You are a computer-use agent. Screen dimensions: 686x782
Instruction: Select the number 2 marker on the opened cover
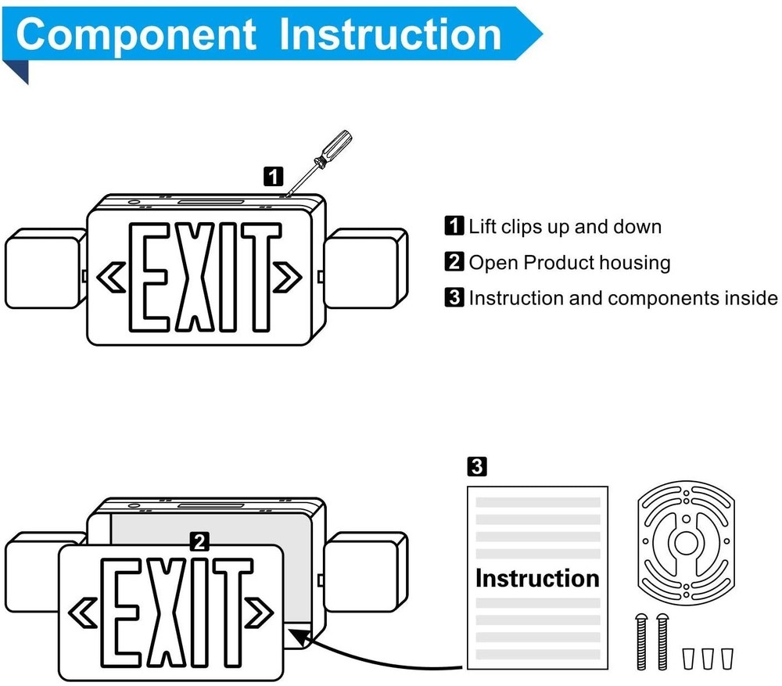coord(200,541)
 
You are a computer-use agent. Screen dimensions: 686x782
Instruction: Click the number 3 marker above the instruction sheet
coord(476,468)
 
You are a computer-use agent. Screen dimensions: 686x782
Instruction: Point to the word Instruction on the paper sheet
coord(537,578)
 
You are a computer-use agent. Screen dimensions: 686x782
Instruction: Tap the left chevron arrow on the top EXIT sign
coord(110,276)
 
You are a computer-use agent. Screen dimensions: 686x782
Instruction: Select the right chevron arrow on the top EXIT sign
coord(288,276)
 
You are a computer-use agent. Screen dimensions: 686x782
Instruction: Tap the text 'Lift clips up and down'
coord(565,227)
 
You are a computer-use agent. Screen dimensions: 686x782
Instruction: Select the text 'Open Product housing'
coord(569,262)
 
